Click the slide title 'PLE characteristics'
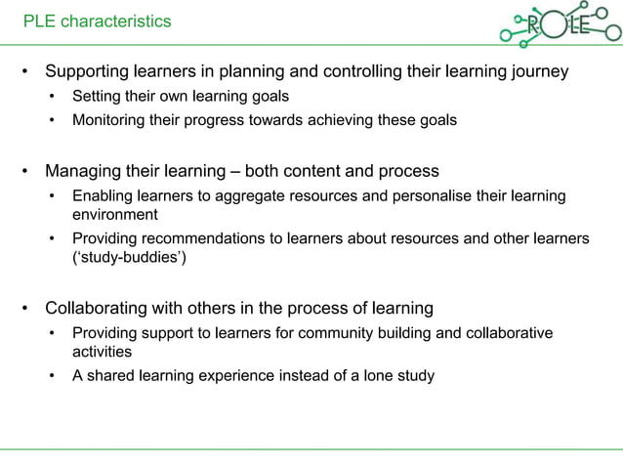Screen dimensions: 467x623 pyautogui.click(x=97, y=21)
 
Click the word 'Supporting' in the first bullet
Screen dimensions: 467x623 pyautogui.click(x=88, y=72)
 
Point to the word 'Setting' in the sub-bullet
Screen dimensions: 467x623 pyautogui.click(x=96, y=97)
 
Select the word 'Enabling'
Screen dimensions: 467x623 pyautogui.click(x=102, y=196)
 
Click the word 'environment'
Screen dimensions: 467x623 pyautogui.click(x=114, y=214)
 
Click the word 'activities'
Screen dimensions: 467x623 pyautogui.click(x=103, y=352)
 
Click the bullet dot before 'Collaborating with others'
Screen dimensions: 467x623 pyautogui.click(x=27, y=310)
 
